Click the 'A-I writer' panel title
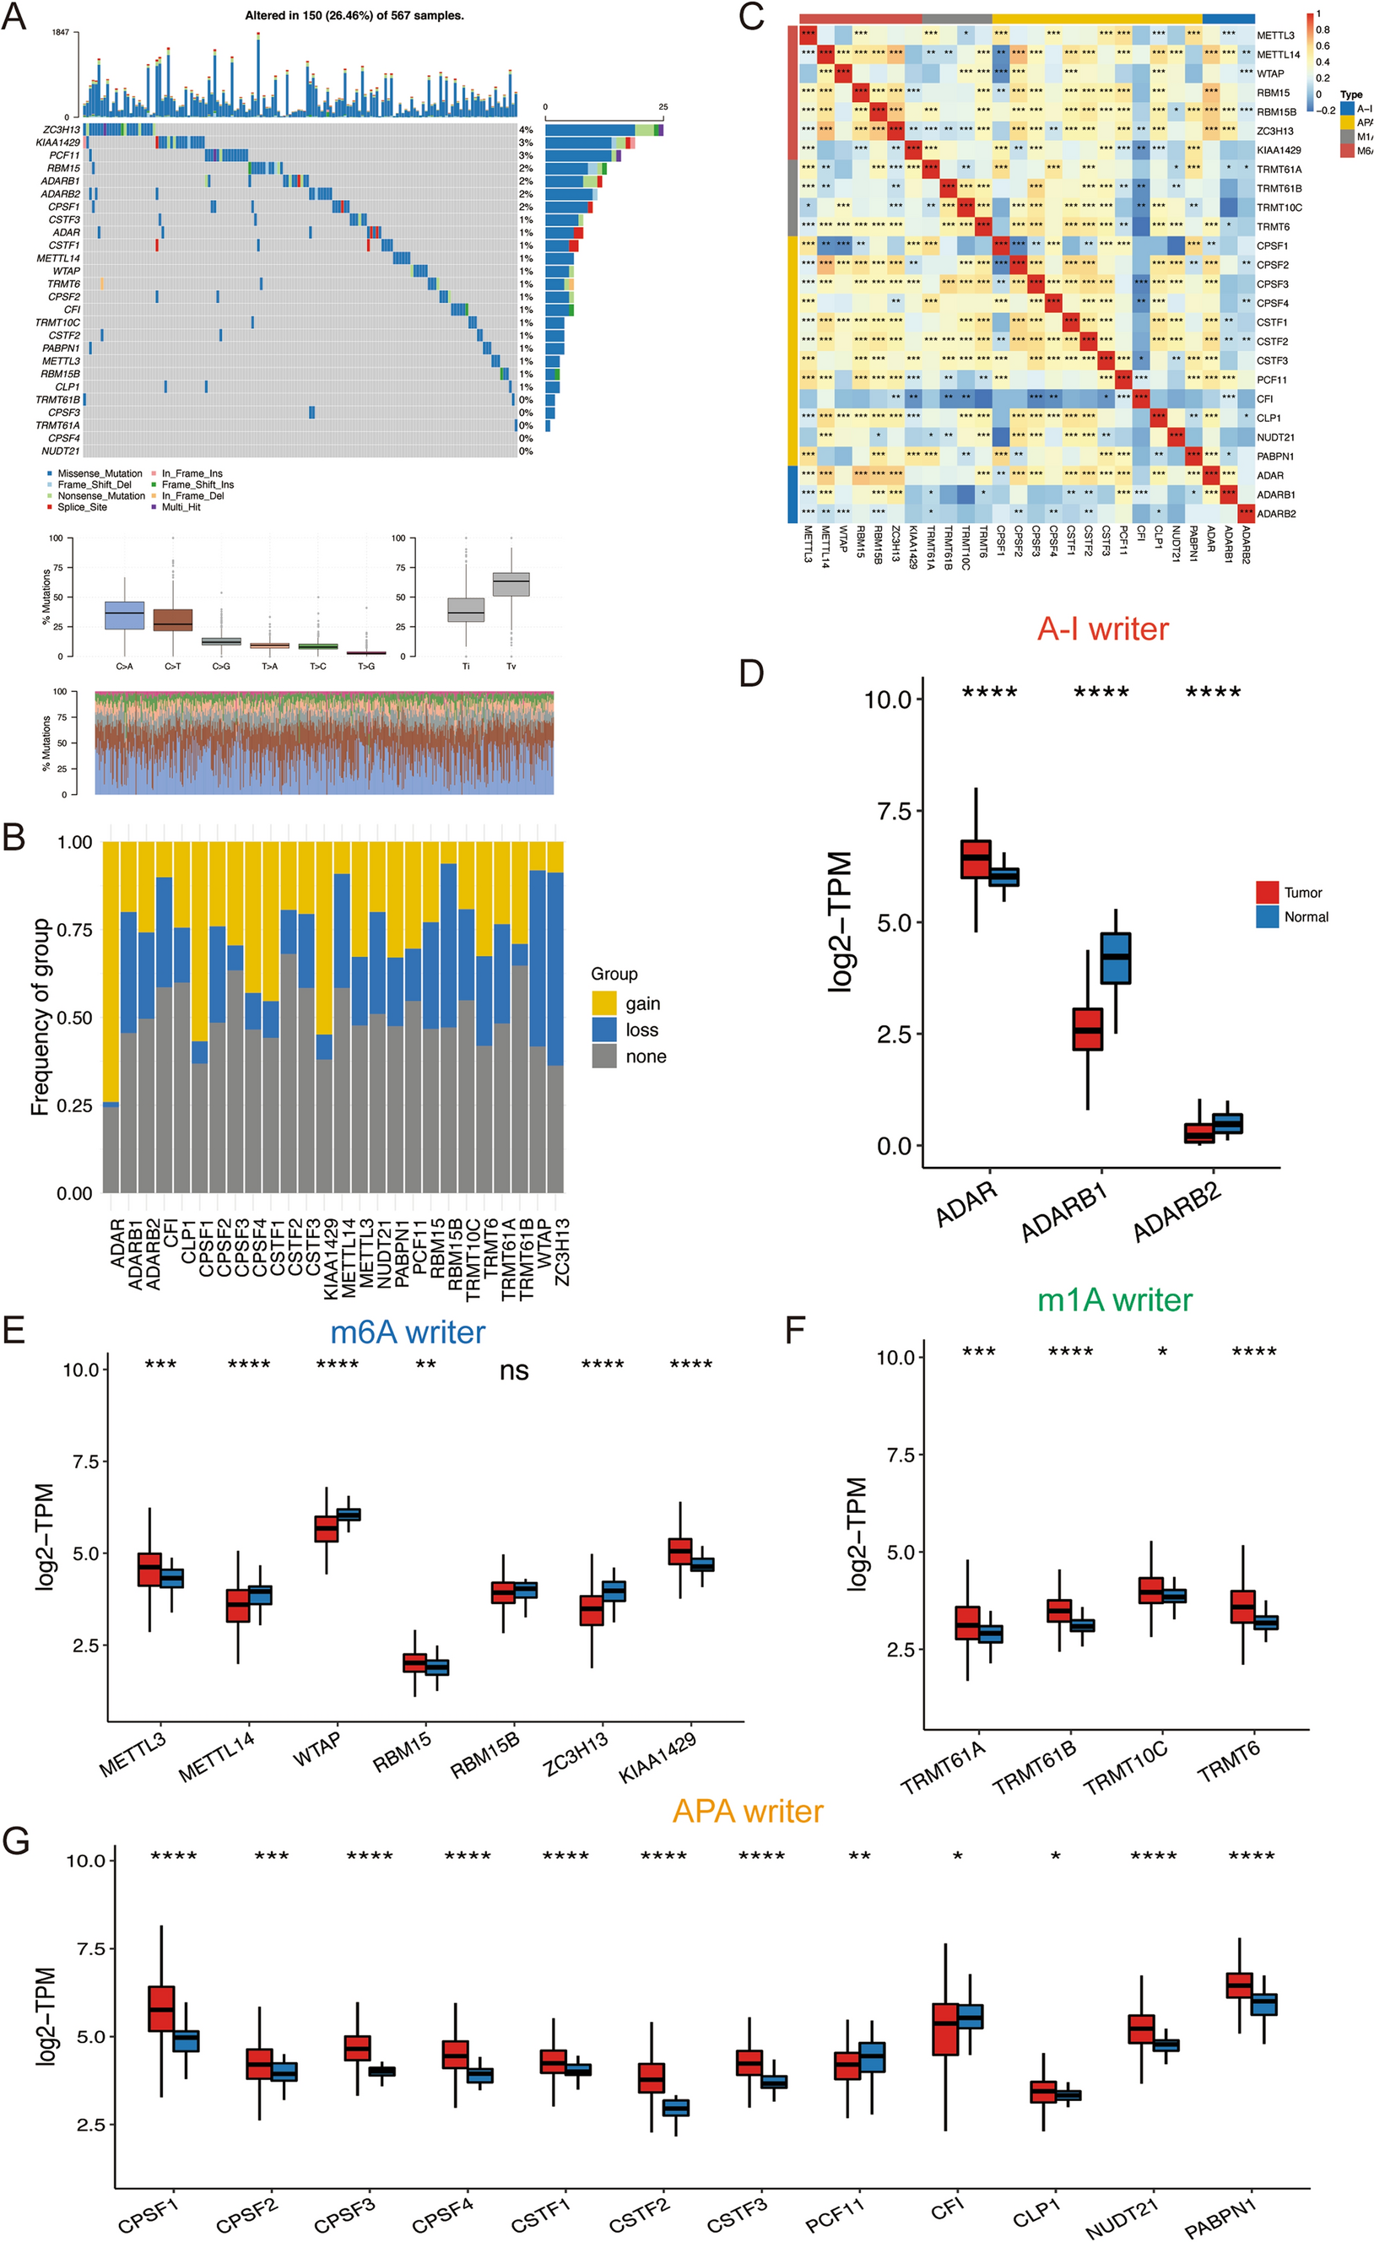pos(1102,629)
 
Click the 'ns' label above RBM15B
pos(514,1372)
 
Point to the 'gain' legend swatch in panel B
pos(604,1002)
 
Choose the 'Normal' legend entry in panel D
pos(1305,917)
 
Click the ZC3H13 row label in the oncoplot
pos(61,130)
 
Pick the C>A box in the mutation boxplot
pos(125,615)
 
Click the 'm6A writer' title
pos(407,1332)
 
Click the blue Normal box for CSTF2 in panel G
pos(675,2107)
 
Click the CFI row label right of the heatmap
pos(1265,398)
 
